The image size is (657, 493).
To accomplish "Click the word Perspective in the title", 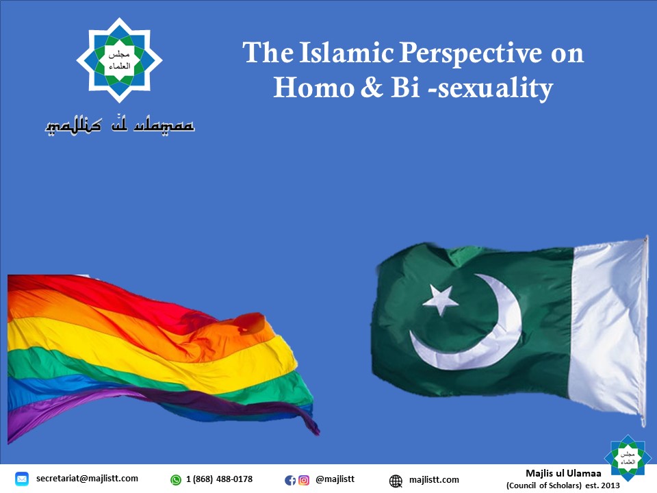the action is (x=470, y=53).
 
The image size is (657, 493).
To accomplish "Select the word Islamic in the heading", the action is (x=346, y=53).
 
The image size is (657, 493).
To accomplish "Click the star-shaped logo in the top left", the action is (x=119, y=60).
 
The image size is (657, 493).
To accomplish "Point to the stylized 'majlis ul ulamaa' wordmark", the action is (x=120, y=125).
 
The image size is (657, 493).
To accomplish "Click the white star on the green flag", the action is (x=440, y=299).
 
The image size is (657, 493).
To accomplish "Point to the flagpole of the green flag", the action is (x=645, y=331).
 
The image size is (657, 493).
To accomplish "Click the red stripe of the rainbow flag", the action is (x=83, y=294).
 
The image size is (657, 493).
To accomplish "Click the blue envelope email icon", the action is (x=22, y=479).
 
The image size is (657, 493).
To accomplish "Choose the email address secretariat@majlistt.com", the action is (x=87, y=479).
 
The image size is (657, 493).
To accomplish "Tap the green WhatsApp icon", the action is (x=176, y=479).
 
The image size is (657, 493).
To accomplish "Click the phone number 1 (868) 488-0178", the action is (x=219, y=479).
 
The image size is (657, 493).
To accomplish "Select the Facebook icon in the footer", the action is (x=290, y=481).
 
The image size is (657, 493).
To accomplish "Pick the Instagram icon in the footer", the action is (x=304, y=481).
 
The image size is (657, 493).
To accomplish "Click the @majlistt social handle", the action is (x=335, y=479).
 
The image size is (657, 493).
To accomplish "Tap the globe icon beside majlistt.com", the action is (x=396, y=481).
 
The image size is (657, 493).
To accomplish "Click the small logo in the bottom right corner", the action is (x=628, y=458).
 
